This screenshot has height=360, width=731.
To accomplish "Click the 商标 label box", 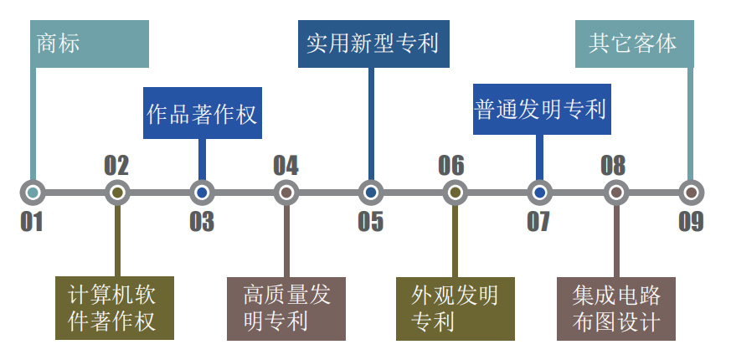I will (90, 44).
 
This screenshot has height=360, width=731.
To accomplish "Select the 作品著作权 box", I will (202, 113).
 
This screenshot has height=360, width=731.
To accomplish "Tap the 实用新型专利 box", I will (372, 43).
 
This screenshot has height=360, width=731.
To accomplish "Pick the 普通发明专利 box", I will (541, 109).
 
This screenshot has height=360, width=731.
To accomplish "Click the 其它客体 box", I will (634, 44).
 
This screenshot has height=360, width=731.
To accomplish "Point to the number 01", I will (32, 222).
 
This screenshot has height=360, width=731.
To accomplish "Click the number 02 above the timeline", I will (116, 165).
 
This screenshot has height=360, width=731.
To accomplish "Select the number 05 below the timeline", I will (371, 222).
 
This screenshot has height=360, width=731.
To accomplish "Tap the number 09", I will (691, 222).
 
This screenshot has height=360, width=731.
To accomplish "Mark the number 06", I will (451, 165).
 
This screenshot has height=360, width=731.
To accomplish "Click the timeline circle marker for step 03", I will (202, 193).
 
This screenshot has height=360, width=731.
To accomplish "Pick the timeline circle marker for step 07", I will (540, 193).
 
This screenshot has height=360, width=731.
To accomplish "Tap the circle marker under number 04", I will (286, 193).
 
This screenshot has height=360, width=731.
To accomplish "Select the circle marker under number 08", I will (615, 193).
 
